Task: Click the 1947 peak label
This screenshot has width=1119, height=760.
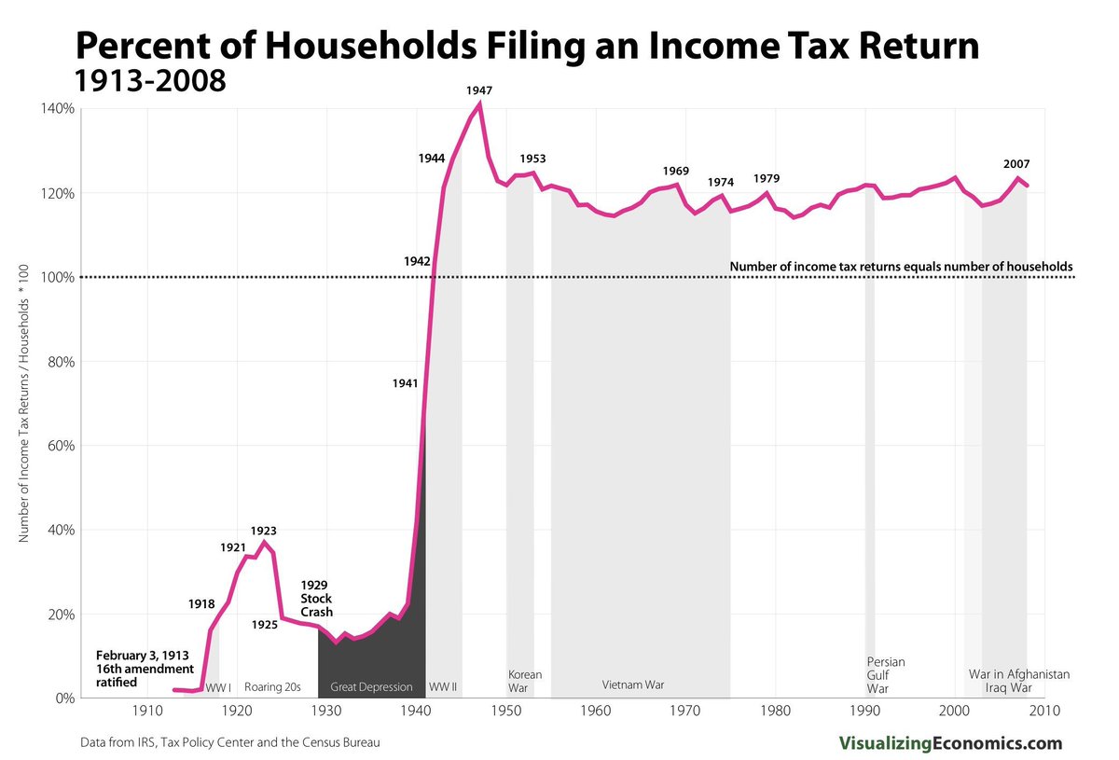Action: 479,90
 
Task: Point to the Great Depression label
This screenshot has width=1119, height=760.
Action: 371,687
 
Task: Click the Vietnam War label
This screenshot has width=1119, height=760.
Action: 633,684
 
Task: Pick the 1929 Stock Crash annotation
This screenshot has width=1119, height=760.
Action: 316,599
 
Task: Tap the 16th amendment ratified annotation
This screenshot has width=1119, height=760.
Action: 145,669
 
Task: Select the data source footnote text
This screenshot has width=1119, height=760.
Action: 230,743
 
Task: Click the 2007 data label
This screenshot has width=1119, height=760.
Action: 1016,164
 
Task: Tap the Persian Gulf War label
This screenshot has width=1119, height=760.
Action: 885,676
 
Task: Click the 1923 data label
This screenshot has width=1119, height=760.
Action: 264,531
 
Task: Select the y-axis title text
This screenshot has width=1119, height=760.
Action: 24,403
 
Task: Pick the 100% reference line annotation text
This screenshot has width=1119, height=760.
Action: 901,266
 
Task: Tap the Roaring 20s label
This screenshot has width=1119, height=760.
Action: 272,687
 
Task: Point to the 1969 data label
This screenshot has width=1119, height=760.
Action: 675,171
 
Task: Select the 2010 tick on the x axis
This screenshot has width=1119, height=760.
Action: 1043,712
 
